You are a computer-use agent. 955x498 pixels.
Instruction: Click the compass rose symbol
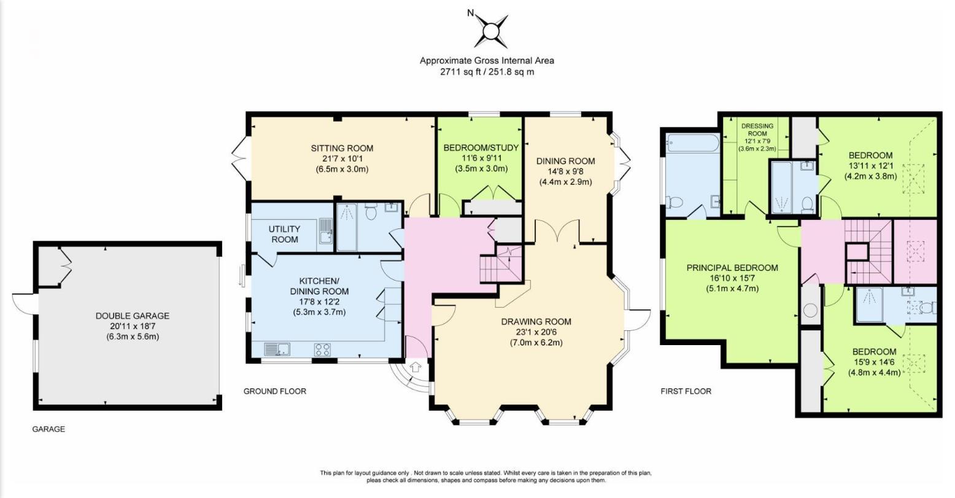pos(491,31)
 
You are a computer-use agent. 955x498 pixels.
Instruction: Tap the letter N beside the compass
pos(470,12)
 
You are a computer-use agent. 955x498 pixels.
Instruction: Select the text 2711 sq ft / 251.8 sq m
pos(487,72)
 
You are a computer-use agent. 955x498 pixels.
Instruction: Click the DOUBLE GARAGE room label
pos(132,316)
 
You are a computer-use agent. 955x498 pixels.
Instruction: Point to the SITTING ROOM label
pos(342,148)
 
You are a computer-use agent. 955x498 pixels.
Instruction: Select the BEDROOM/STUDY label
pos(481,147)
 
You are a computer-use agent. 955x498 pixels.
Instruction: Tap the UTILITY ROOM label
pos(283,234)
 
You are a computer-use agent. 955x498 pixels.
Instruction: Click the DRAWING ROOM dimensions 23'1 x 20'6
pos(536,332)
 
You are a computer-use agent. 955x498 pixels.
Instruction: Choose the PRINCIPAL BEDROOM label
pos(732,268)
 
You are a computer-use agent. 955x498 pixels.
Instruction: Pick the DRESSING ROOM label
pos(757,130)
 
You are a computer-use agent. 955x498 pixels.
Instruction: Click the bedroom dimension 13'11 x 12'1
pos(871,166)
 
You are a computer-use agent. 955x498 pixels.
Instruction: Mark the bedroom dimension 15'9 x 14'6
pos(874,362)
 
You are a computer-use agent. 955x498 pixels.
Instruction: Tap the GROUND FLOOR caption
pos(274,391)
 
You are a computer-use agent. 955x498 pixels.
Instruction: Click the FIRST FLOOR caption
pos(686,391)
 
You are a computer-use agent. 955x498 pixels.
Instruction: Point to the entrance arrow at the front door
pos(416,368)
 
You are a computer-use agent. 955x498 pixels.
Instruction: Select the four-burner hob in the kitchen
pos(323,349)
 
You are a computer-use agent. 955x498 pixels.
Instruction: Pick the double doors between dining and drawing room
pos(555,231)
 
